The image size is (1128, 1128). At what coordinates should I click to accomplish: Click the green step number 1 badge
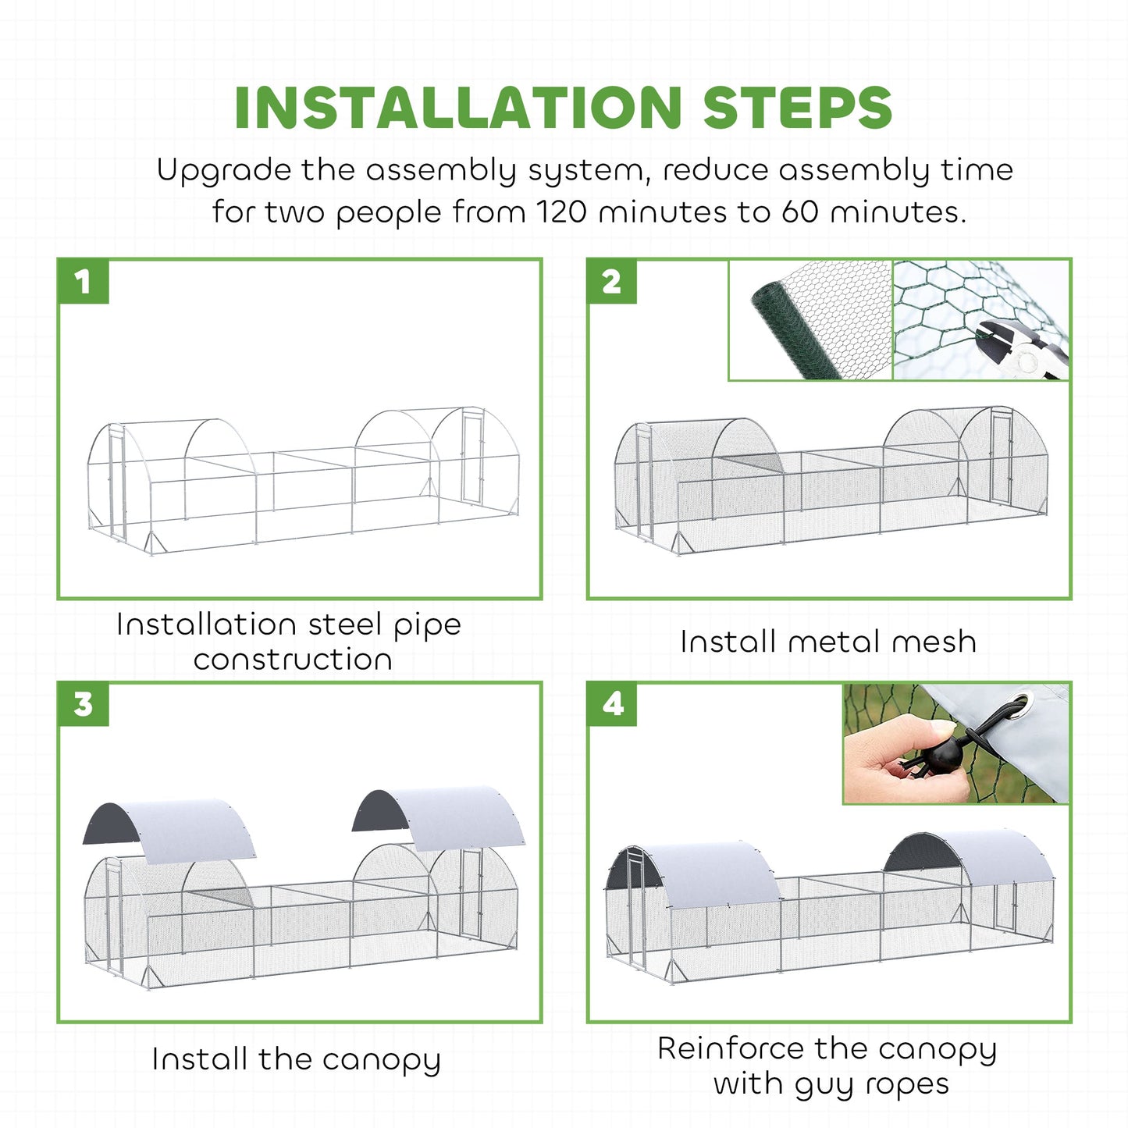(83, 282)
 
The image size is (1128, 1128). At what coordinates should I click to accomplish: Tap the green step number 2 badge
(612, 282)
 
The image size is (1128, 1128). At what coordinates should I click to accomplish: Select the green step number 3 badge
(83, 704)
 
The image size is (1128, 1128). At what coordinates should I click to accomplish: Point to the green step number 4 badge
(612, 704)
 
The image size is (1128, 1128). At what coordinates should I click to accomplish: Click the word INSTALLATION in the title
(458, 108)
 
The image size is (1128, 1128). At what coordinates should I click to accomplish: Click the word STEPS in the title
(797, 108)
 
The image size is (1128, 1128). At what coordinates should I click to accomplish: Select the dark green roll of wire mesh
(796, 329)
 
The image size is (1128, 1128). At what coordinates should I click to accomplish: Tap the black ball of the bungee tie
(944, 756)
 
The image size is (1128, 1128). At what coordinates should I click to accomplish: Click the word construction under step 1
(293, 659)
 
